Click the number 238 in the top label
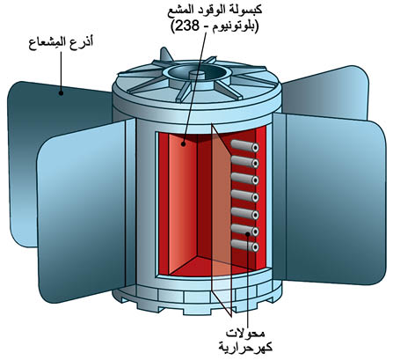tap(186, 27)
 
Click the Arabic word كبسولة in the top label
tap(247, 11)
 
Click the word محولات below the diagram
tap(245, 334)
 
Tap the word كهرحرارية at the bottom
tap(245, 348)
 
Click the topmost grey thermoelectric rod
tap(245, 146)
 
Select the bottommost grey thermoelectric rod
tap(245, 246)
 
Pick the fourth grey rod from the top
tap(245, 196)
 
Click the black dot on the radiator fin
tap(61, 93)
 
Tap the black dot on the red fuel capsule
tap(184, 144)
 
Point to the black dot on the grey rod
tap(248, 233)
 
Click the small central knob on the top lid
tap(197, 75)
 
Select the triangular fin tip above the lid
tap(165, 55)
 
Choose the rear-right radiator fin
tap(325, 92)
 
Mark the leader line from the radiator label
tap(62, 71)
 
